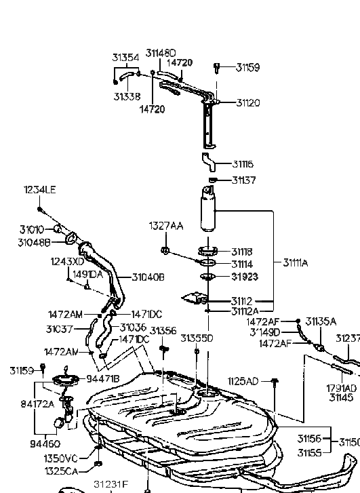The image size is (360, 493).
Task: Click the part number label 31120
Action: click(x=247, y=103)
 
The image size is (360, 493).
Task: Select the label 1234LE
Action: click(x=38, y=191)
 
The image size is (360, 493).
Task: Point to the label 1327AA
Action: click(x=166, y=225)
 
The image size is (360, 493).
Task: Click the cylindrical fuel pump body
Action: click(x=209, y=212)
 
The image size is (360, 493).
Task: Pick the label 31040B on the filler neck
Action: click(x=148, y=277)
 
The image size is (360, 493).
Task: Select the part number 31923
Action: click(x=245, y=277)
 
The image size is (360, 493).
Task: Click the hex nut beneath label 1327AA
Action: click(x=165, y=252)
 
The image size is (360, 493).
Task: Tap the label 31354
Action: click(x=125, y=58)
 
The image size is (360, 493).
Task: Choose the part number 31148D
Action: click(x=162, y=52)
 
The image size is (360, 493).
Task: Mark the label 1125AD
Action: click(x=243, y=381)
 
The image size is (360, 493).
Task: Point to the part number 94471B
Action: click(x=103, y=378)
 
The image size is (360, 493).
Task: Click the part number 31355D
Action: click(x=199, y=337)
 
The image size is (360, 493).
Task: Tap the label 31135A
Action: click(x=321, y=321)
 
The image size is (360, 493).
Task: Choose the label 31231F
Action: click(x=111, y=484)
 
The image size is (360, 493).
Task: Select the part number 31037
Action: click(x=60, y=329)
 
